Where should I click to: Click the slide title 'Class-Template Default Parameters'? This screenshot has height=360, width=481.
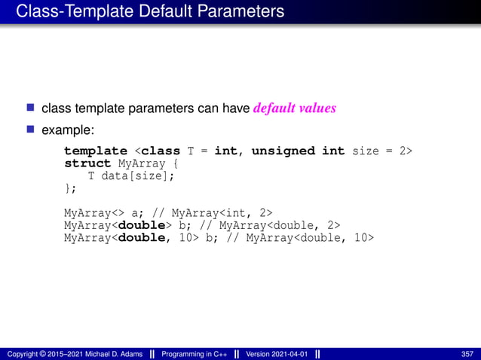150,12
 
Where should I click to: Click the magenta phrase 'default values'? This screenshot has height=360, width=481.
294,108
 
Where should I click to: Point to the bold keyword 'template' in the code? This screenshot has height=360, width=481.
96,151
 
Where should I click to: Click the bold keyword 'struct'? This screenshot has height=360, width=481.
84,163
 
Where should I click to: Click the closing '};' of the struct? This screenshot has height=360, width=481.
70,188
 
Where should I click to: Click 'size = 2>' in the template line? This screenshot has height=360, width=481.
382,151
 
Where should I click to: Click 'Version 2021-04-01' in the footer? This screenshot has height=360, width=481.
276,354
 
